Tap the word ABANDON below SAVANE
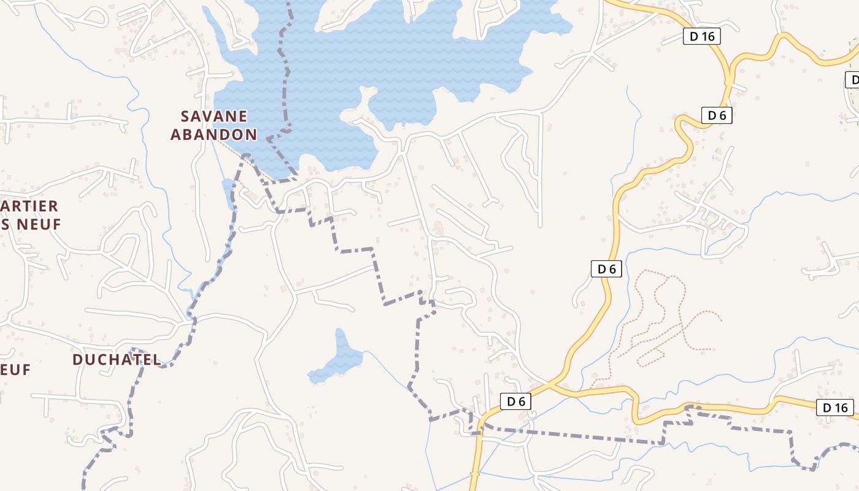coord(214,134)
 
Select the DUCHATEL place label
coord(117,360)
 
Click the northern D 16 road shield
coord(702,36)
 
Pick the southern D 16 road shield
coord(835,408)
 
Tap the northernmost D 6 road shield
coord(717,115)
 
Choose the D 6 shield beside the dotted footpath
coord(606,269)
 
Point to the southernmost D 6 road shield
coord(515,401)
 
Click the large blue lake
coord(393,61)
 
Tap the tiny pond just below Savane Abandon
coord(228,191)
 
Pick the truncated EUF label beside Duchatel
coord(15,369)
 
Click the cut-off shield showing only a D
coord(852,80)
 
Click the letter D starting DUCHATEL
coord(78,360)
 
